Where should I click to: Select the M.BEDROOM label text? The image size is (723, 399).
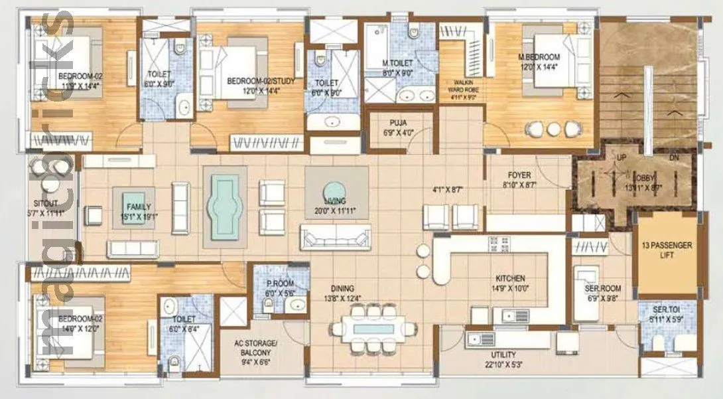(539, 57)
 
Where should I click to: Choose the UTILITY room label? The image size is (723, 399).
(503, 355)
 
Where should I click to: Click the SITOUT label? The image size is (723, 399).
(46, 204)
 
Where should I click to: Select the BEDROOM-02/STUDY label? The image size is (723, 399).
(261, 81)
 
